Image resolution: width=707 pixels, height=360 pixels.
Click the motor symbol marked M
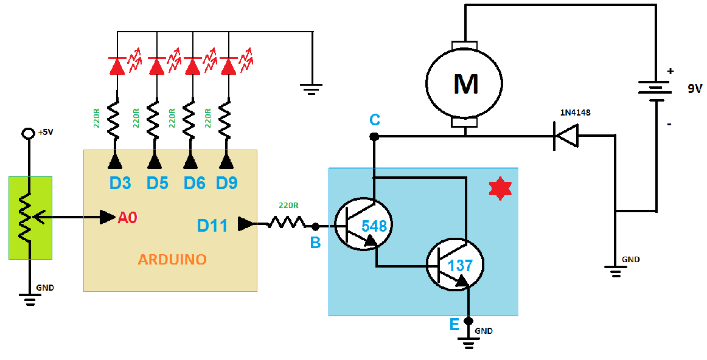tap(464, 83)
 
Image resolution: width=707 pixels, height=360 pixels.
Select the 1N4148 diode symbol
tap(565, 136)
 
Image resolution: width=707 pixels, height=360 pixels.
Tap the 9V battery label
tap(694, 89)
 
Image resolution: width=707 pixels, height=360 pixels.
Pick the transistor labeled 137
tap(455, 266)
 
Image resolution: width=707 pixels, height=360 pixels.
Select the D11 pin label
tap(212, 226)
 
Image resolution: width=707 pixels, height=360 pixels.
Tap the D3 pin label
tap(120, 182)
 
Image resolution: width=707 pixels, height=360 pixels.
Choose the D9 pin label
tap(226, 182)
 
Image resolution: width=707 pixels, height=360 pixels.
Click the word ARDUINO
tap(172, 260)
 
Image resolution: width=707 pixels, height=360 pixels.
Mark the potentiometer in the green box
tap(29, 217)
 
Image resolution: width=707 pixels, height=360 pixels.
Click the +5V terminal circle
tap(27, 134)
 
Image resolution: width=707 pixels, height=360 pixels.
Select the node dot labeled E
tap(468, 320)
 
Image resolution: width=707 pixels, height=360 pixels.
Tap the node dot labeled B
tap(315, 227)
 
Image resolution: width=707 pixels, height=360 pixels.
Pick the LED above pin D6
tap(192, 66)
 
